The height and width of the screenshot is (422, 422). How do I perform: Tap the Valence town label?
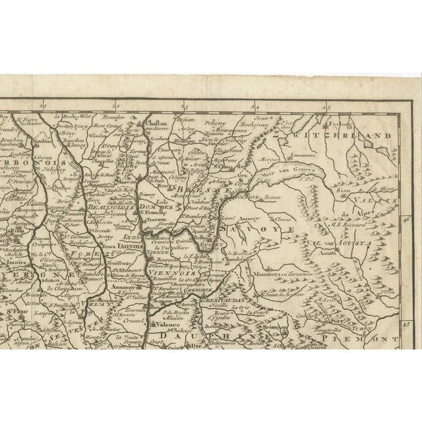click(x=162, y=324)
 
